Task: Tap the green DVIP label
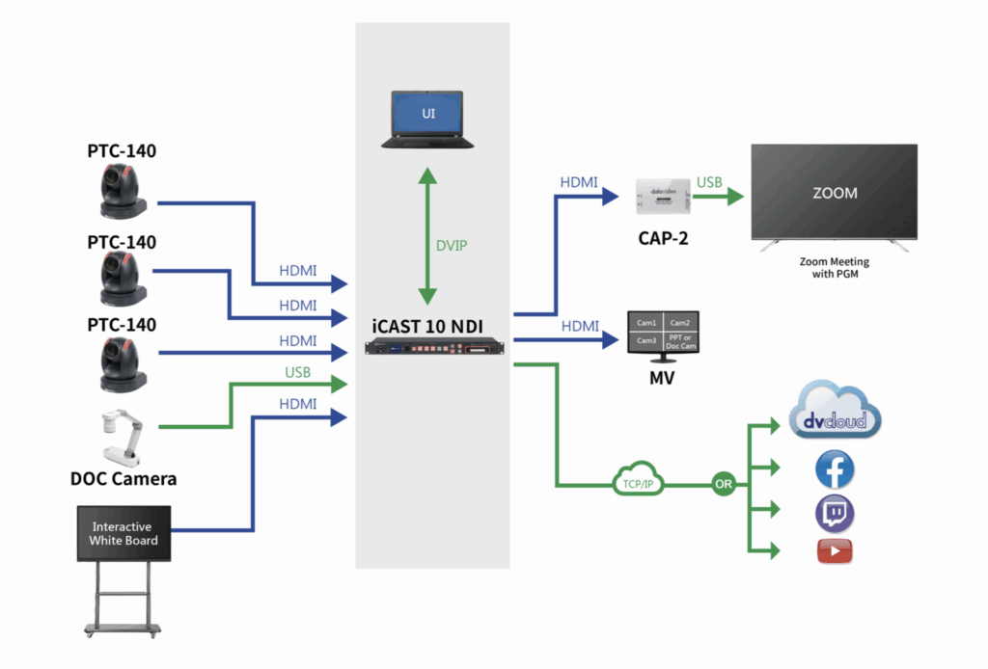click(x=451, y=246)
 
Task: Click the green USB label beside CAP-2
click(x=709, y=182)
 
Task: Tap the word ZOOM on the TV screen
click(x=835, y=193)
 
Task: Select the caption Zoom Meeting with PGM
click(x=835, y=268)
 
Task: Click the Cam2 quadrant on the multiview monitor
click(x=680, y=323)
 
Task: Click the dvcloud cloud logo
click(x=836, y=413)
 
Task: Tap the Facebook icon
click(x=835, y=470)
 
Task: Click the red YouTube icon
click(x=835, y=551)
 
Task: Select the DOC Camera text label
click(x=123, y=478)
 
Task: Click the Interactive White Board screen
click(x=123, y=533)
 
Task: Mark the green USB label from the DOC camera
click(x=297, y=372)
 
